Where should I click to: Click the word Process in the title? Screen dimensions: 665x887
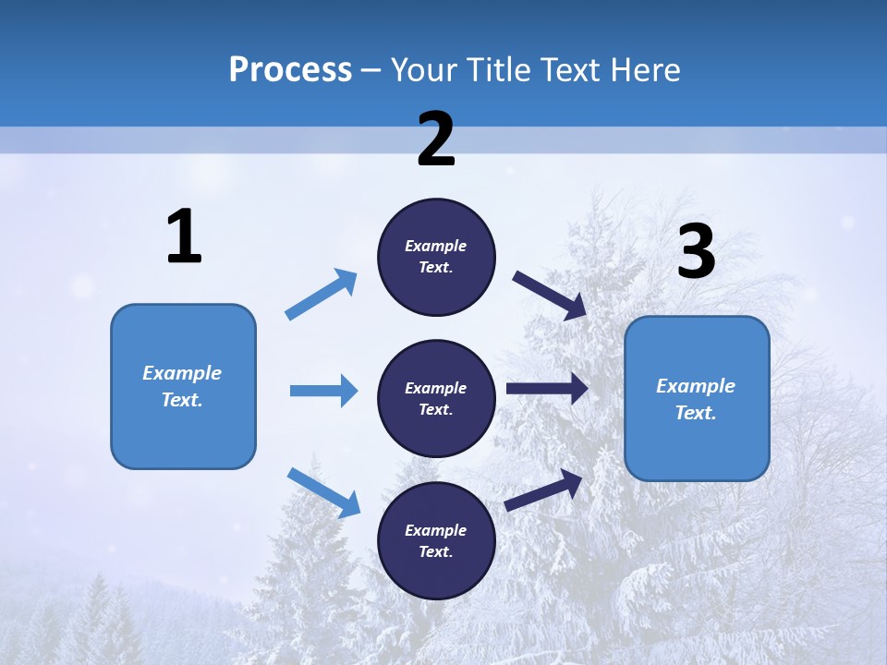(290, 70)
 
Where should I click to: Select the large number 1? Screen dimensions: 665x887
(184, 237)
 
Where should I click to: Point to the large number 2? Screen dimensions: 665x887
(436, 139)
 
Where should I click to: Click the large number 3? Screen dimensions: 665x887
(696, 252)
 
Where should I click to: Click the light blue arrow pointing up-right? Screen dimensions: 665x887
(322, 295)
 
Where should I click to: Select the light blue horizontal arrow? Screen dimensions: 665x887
(323, 391)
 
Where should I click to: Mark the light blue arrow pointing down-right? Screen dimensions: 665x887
(323, 492)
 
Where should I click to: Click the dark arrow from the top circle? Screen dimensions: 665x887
(551, 295)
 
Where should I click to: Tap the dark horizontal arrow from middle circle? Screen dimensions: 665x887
(547, 388)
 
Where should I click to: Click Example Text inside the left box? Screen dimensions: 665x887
(182, 386)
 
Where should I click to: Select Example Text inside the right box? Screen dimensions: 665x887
(696, 399)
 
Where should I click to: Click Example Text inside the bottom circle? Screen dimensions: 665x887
(436, 541)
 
